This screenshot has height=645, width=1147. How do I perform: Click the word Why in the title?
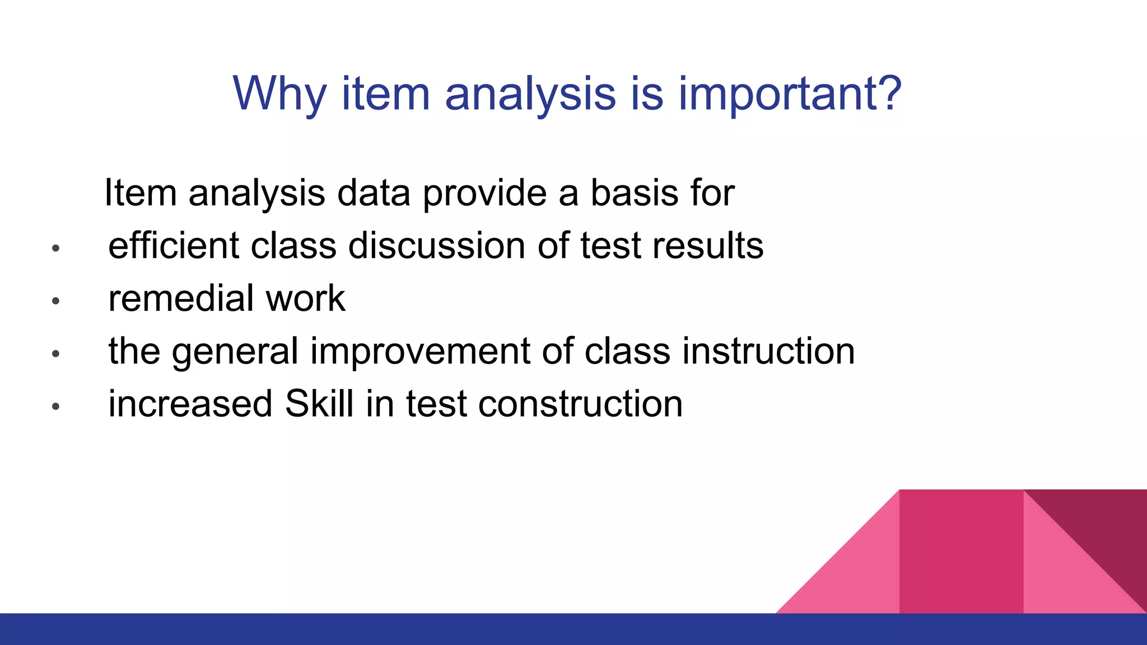[279, 94]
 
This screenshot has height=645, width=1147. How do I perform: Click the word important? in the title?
[790, 94]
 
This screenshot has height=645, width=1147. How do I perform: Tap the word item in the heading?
[385, 94]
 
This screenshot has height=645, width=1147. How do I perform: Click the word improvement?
[419, 351]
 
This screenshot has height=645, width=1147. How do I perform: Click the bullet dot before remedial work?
[55, 301]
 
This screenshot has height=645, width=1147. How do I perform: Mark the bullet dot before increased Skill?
[55, 406]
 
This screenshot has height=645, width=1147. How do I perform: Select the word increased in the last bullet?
[190, 403]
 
